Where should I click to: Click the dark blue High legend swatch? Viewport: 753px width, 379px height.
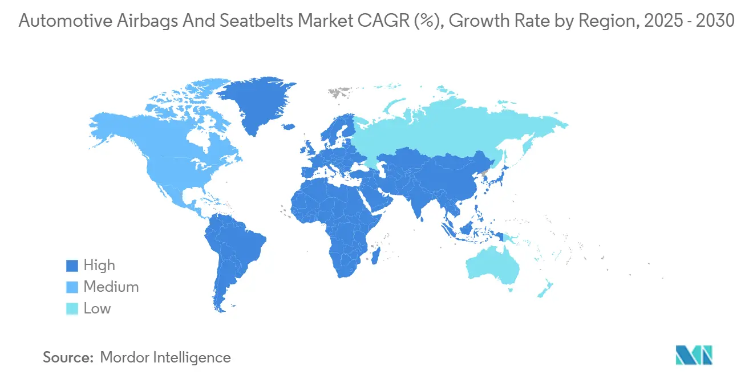72,266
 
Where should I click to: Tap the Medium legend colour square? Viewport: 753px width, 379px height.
72,287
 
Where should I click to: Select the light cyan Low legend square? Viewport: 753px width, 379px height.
72,309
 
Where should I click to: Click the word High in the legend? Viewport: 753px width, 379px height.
99,266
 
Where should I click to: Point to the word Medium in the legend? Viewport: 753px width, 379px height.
111,287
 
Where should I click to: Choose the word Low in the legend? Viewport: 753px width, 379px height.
97,309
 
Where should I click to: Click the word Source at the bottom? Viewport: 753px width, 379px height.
67,357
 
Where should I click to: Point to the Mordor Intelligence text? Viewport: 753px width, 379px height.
165,357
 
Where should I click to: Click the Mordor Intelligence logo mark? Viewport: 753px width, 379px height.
694,354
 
